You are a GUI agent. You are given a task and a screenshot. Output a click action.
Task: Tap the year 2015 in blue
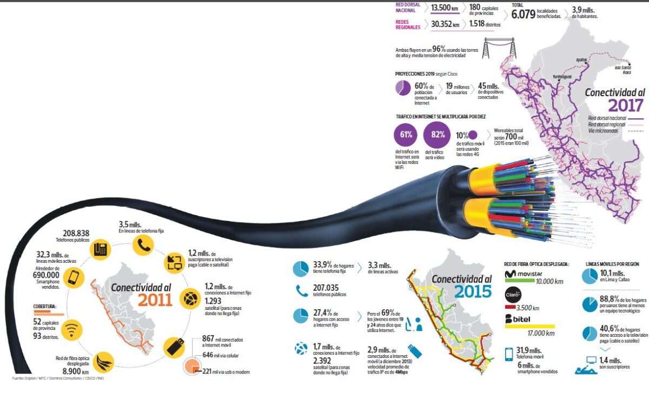coord(473,291)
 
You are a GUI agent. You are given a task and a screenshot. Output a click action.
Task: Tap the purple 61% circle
coord(406,135)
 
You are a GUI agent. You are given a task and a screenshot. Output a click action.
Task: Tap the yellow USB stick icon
coord(176,346)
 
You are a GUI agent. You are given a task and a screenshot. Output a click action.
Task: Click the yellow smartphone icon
coord(73,278)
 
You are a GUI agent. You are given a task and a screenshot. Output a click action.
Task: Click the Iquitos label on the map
coord(581,60)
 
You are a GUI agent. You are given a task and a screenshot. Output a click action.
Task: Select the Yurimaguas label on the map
coord(562,77)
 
